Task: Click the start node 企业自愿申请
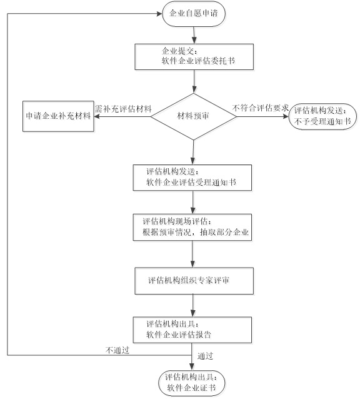point(194,14)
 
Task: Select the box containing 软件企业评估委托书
point(194,57)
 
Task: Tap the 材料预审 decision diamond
point(194,116)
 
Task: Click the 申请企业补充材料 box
point(58,116)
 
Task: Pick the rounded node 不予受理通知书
point(322,116)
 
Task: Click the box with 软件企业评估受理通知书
point(192,178)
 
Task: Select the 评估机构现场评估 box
point(192,227)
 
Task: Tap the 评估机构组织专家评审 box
point(194,281)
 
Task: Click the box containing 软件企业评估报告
point(192,330)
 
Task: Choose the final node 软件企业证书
point(192,383)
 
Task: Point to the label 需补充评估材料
point(123,109)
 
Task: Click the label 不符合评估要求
point(261,108)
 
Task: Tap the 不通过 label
point(117,350)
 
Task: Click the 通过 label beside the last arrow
point(205,356)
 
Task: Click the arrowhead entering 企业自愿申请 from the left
point(159,14)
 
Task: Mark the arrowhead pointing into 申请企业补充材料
point(97,116)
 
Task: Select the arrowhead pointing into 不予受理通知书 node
point(286,116)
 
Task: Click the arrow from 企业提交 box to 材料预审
point(194,81)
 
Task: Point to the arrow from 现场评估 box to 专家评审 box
point(192,254)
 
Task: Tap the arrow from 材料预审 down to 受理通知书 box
point(193,153)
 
